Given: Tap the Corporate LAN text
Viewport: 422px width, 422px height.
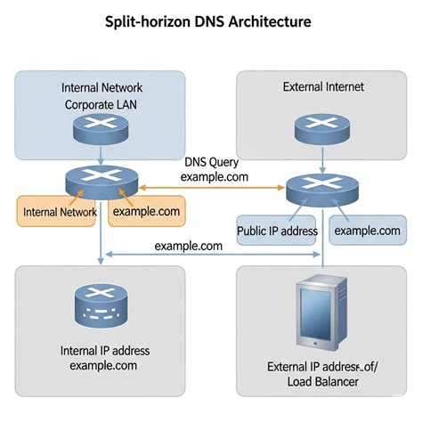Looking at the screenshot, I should click(x=101, y=104).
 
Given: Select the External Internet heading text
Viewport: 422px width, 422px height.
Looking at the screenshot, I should click(x=323, y=87).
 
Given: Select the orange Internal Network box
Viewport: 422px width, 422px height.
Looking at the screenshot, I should click(x=60, y=213).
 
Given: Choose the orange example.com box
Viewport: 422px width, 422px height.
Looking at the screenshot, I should click(x=145, y=213).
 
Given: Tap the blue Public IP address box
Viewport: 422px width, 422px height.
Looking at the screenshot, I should click(x=277, y=231).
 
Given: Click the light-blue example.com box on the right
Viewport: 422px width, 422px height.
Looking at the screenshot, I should click(x=367, y=231).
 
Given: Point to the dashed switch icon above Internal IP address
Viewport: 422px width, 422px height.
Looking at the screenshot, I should click(x=99, y=306).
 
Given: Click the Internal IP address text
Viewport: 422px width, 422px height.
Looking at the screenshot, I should click(x=99, y=349).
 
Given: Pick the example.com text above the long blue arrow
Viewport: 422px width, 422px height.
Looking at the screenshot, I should click(x=188, y=246).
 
